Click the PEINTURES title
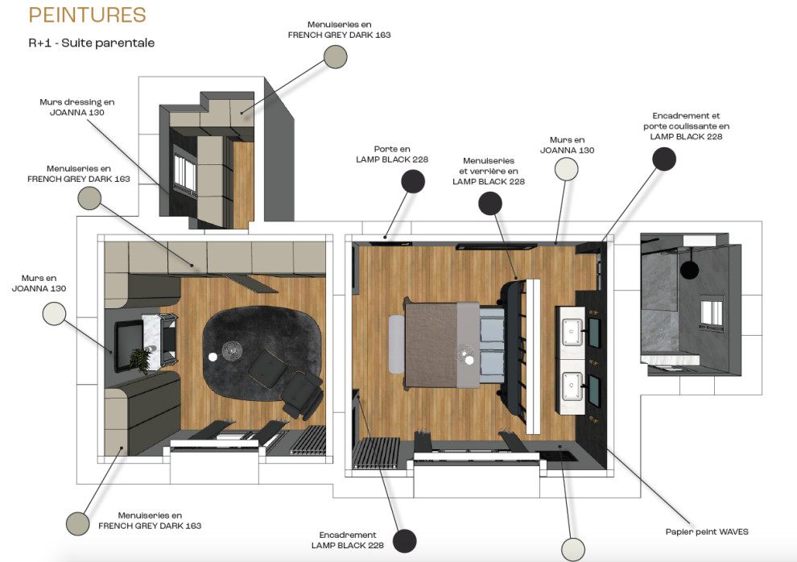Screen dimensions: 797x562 click(88, 15)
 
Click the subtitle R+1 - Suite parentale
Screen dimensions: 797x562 click(92, 43)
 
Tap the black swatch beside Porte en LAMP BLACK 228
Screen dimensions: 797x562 click(413, 181)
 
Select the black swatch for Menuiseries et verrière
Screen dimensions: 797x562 click(490, 203)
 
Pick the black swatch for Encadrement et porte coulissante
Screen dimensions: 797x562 click(664, 159)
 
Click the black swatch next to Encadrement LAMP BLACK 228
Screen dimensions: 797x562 click(405, 540)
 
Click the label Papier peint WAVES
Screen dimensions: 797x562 click(707, 531)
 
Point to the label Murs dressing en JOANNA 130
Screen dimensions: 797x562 click(77, 107)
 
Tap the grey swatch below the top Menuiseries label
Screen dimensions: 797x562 click(336, 57)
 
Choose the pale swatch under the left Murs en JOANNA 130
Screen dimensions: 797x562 click(54, 313)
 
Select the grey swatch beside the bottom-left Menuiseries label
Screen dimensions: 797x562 click(78, 523)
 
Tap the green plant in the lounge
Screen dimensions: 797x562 click(139, 360)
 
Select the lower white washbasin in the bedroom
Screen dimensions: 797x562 click(573, 386)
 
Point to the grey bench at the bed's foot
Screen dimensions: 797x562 click(396, 344)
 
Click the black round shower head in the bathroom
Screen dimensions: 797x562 click(689, 269)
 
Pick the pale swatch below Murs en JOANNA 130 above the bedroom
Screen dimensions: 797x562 click(566, 169)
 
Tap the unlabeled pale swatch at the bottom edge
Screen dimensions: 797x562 click(573, 550)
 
